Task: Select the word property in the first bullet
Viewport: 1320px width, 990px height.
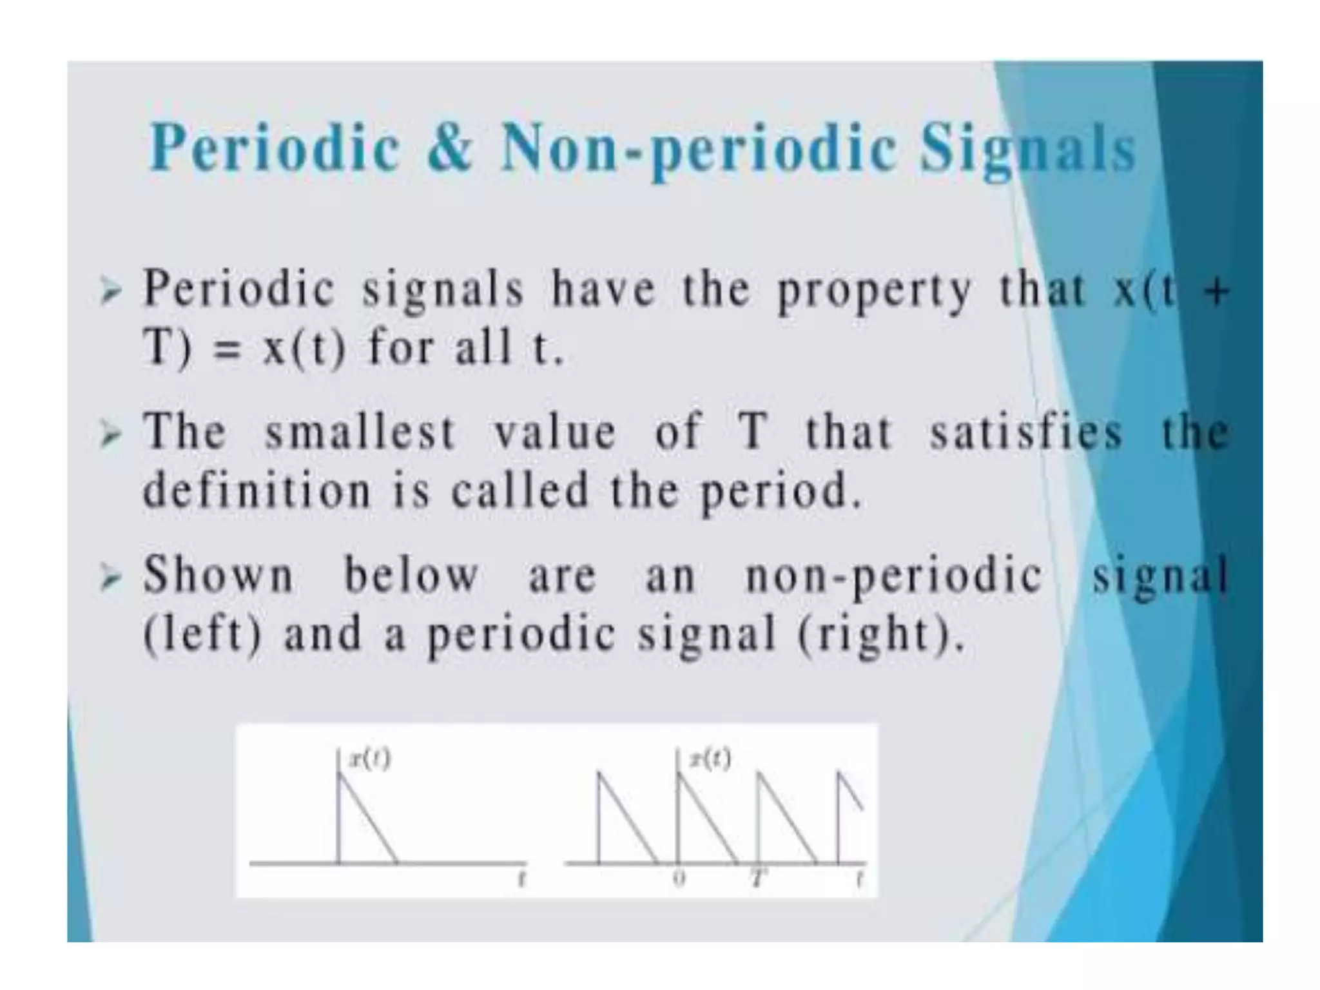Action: tap(874, 291)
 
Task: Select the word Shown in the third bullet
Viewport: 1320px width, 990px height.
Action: tap(218, 574)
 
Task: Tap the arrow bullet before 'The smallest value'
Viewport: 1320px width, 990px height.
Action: tap(110, 435)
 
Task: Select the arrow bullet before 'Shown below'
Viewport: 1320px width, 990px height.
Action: tap(110, 577)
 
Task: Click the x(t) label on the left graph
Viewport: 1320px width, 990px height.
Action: tap(369, 760)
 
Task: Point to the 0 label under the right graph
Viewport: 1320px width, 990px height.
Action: tap(678, 878)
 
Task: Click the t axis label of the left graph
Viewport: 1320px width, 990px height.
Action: tap(522, 878)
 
